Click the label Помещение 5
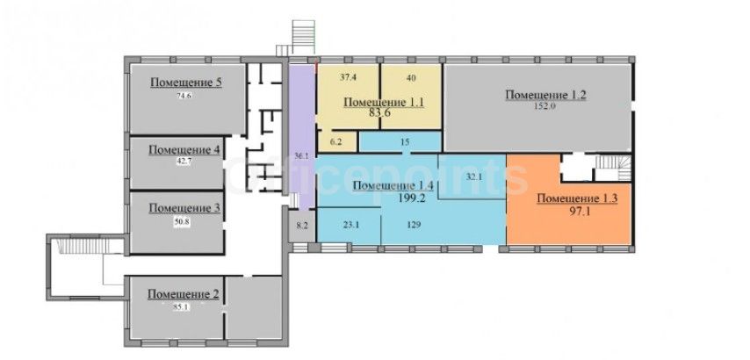click(x=186, y=83)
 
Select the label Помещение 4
click(x=184, y=149)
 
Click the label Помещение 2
click(x=184, y=294)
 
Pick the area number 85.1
click(x=182, y=307)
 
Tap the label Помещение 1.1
click(x=384, y=103)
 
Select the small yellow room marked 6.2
click(x=338, y=142)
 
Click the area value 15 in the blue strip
click(x=404, y=142)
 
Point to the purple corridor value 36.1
click(x=299, y=155)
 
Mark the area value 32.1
click(x=474, y=176)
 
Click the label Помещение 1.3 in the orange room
click(x=577, y=198)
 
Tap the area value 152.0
click(x=544, y=106)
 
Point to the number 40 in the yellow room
click(x=411, y=77)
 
